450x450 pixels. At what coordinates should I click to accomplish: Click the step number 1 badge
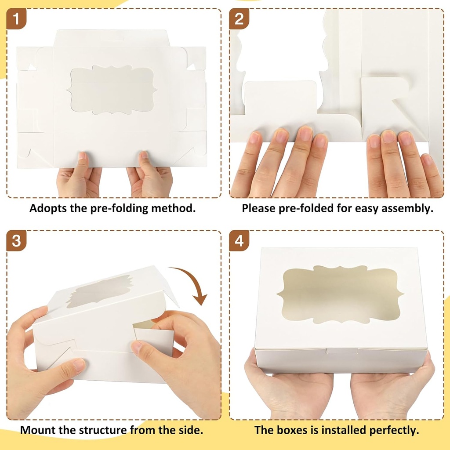16,19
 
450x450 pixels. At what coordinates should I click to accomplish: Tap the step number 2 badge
239,19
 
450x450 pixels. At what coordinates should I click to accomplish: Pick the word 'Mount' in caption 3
37,430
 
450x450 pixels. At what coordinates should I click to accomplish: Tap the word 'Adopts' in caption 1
47,208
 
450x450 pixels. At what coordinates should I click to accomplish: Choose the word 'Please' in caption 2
258,208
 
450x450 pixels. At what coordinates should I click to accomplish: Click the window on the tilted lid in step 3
101,291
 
